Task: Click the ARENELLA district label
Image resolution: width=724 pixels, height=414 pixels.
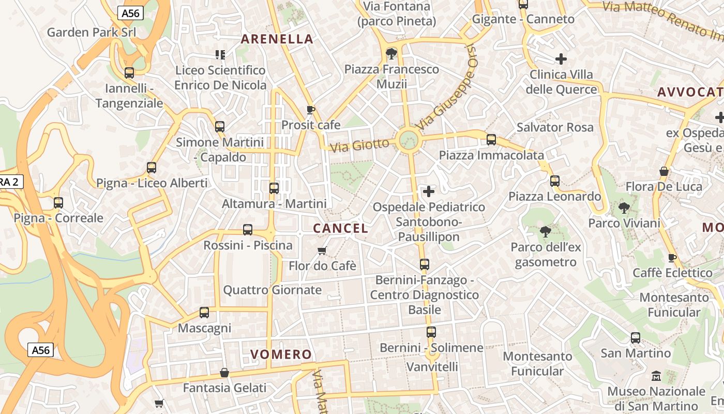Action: [277, 39]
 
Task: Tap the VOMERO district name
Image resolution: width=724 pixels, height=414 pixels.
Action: [281, 354]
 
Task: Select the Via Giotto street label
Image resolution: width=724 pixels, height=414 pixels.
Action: [359, 145]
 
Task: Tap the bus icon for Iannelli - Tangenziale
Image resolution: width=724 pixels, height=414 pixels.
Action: [129, 73]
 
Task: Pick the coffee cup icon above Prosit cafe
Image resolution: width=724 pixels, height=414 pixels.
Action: [310, 110]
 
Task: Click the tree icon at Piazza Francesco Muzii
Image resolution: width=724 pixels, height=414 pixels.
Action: [391, 53]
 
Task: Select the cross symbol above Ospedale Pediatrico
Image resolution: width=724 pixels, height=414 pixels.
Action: [429, 192]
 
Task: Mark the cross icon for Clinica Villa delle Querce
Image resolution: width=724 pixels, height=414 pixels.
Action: [561, 59]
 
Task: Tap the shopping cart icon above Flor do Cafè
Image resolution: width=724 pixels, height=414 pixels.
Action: [322, 251]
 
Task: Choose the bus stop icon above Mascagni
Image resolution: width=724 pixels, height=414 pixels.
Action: [204, 313]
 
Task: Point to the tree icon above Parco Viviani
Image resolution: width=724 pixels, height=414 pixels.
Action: [624, 208]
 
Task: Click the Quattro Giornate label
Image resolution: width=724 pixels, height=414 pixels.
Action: [272, 290]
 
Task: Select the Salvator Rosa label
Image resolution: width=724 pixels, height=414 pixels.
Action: [555, 127]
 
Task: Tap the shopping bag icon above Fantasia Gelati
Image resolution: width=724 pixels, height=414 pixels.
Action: [224, 373]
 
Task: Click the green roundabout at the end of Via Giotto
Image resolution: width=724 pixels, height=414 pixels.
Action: [409, 140]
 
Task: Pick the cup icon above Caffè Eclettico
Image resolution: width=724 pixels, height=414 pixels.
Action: [672, 258]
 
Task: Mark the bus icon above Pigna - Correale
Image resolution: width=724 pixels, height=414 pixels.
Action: [58, 203]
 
